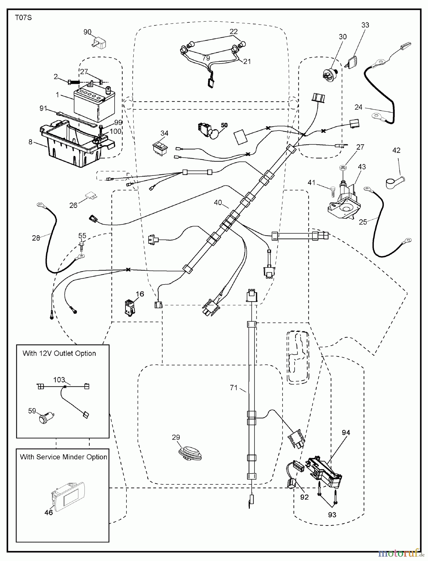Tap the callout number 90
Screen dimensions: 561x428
[x=88, y=32]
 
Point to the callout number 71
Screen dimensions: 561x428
[x=234, y=388]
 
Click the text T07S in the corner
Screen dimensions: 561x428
[x=23, y=18]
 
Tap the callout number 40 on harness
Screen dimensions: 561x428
[x=218, y=203]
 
